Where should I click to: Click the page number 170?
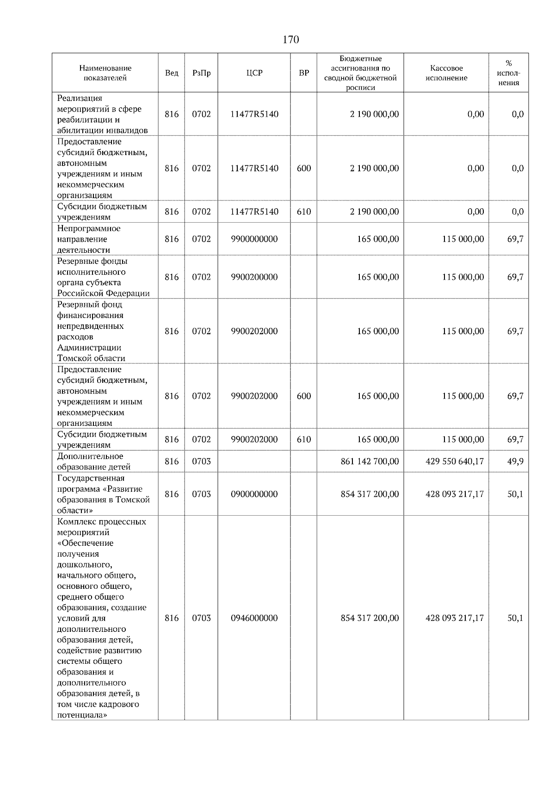coord(290,40)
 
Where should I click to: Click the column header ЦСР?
coord(254,73)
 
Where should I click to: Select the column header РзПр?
coord(201,73)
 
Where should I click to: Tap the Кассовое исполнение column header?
coord(446,73)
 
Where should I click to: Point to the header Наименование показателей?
coord(105,73)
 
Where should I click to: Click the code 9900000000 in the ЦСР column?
coord(254,239)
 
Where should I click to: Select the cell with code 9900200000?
coord(254,277)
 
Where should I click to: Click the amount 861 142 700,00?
coord(369,462)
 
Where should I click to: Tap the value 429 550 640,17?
coord(454,462)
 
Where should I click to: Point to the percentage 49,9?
coord(515,462)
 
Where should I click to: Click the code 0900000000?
coord(254,494)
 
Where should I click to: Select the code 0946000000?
coord(254,618)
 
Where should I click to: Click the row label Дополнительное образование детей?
coord(94,462)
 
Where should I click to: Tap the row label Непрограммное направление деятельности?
coord(89,239)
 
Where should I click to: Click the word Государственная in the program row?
coord(91,478)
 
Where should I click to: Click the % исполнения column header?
coord(508,73)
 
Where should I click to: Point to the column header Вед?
coord(172,73)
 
